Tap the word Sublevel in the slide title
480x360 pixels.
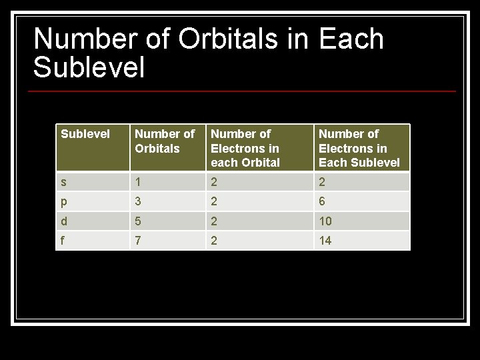(89, 68)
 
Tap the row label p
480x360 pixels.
(63, 202)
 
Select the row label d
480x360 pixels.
(63, 221)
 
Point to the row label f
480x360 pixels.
(63, 240)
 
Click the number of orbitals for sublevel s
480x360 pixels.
(138, 183)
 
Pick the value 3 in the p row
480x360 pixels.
(138, 202)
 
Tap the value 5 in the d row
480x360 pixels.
(138, 221)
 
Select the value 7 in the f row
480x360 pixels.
(138, 240)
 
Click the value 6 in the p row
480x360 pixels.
(322, 202)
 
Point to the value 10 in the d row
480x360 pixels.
(325, 221)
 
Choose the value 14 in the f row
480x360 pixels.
(325, 240)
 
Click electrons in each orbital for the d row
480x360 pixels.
(214, 221)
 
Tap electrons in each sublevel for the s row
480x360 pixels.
(322, 183)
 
